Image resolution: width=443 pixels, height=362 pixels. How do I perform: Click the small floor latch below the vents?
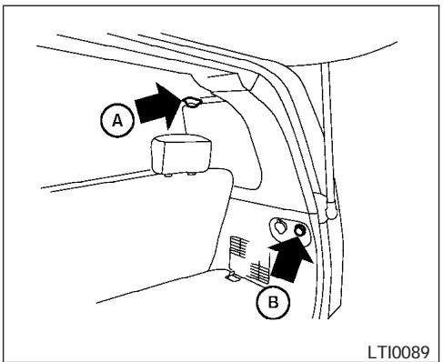234,277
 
